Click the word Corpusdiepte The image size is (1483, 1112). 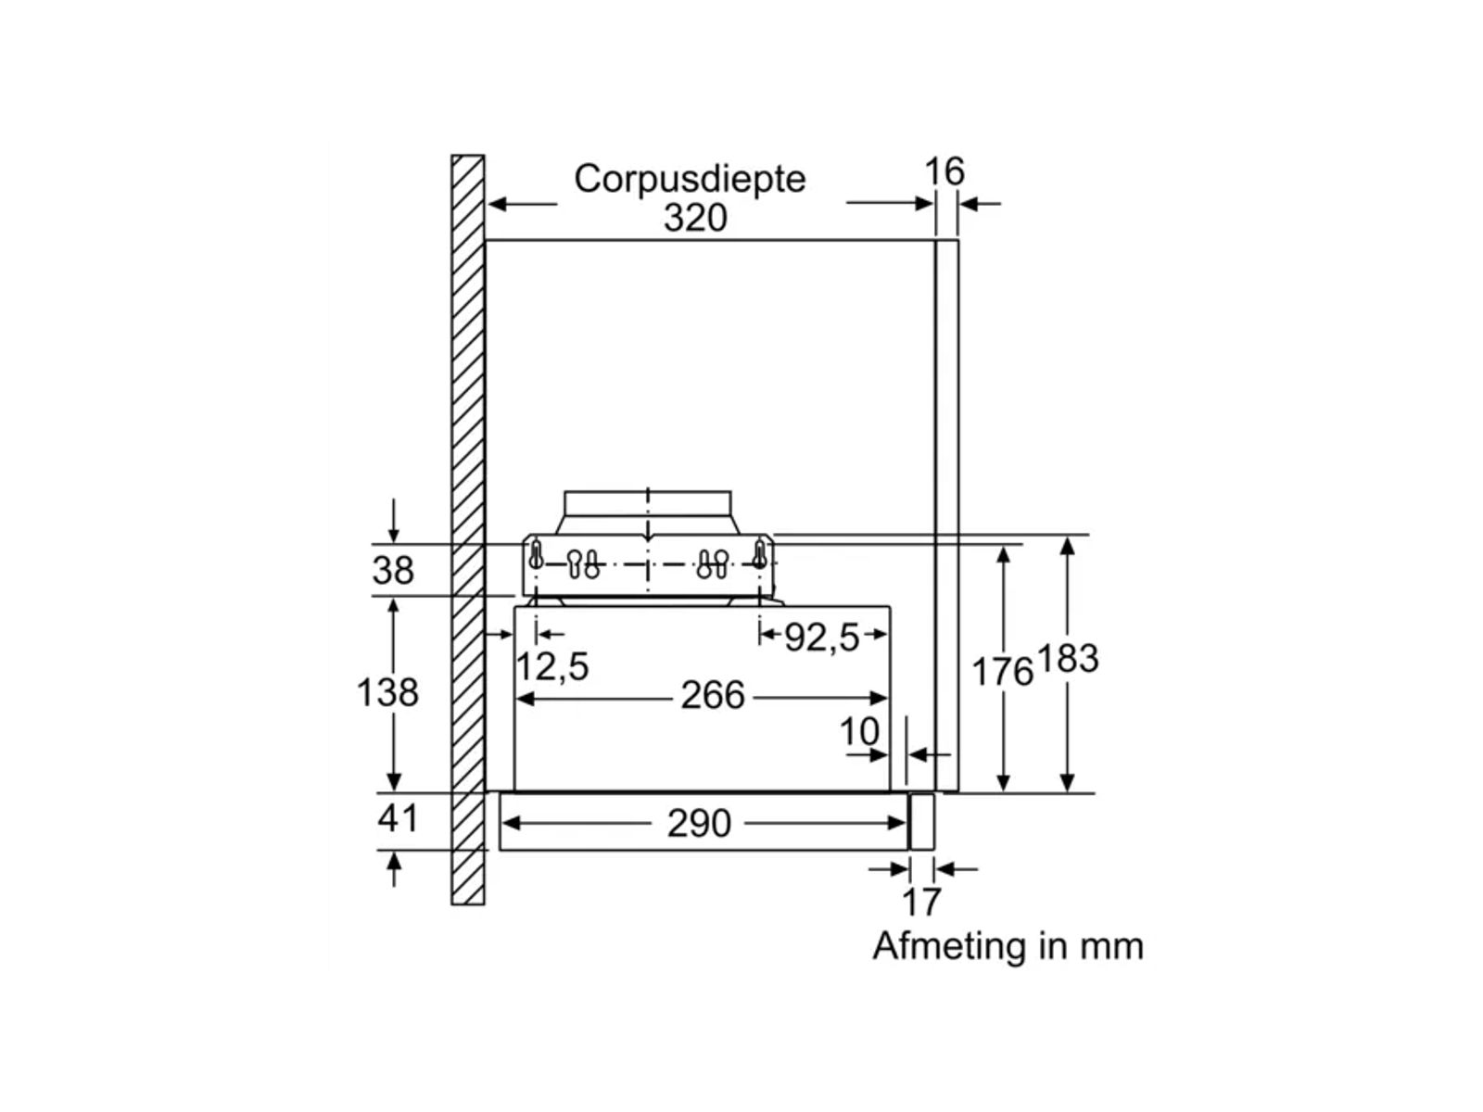coord(690,178)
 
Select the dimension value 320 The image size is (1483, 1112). coord(695,218)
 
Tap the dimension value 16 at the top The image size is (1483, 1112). coord(944,171)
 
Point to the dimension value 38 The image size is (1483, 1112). coord(393,570)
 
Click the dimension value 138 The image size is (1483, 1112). coord(387,692)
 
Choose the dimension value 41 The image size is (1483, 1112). coord(398,818)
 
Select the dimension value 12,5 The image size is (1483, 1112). coord(552,666)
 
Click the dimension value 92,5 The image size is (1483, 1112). coord(822,637)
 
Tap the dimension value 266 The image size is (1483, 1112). coord(713,695)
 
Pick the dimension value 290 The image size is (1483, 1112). coord(699,823)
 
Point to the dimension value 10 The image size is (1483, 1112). coord(859,732)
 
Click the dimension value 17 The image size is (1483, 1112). coord(921,902)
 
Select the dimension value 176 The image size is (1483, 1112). coord(1001,672)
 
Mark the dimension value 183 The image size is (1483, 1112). coord(1068,659)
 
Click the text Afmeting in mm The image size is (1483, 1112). coord(1008,946)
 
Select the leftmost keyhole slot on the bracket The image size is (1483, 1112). coord(536,556)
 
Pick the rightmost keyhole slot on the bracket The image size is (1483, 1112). coord(760,556)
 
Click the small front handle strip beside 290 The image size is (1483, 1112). coord(922,821)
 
